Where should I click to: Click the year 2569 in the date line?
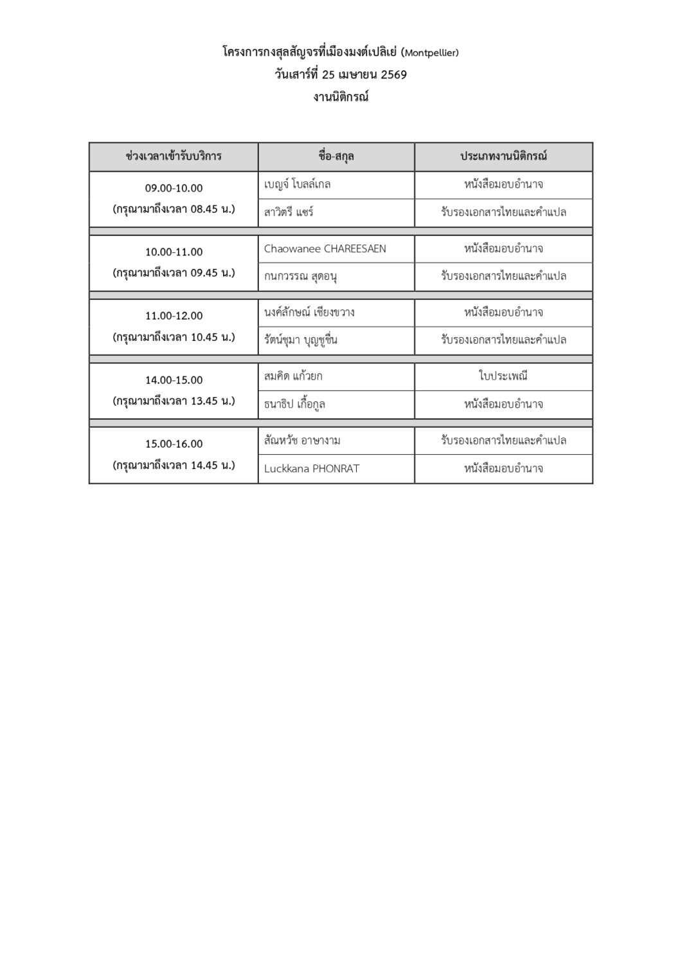click(x=393, y=75)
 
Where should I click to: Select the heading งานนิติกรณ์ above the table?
click(x=341, y=98)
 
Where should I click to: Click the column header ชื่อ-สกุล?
click(x=336, y=156)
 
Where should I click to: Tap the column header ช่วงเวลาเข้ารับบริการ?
click(x=174, y=156)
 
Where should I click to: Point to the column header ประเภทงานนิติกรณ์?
click(x=503, y=156)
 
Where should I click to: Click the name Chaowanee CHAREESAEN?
click(x=325, y=248)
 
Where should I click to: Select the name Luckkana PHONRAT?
click(x=312, y=468)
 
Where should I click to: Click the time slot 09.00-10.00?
click(x=174, y=188)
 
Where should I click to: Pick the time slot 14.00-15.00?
click(x=174, y=380)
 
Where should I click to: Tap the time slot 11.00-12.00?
click(x=174, y=316)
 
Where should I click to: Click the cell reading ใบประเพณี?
click(x=503, y=376)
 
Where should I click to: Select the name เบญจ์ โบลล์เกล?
click(x=298, y=185)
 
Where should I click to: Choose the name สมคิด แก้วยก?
click(x=294, y=376)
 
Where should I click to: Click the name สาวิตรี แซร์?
click(x=289, y=212)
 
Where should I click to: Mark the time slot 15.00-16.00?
click(x=174, y=443)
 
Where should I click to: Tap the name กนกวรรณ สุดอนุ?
click(x=301, y=276)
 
